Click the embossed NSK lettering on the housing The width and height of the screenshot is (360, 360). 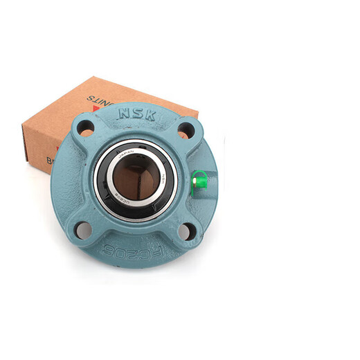136,114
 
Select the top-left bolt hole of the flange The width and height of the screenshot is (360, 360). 86,127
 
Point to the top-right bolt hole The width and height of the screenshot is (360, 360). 185,129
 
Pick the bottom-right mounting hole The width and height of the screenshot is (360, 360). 186,231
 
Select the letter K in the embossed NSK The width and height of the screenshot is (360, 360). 150,114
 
